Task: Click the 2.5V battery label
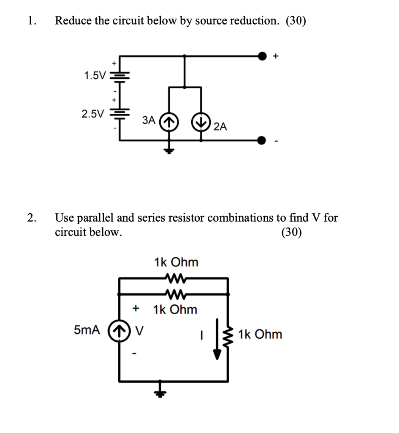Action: pos(92,113)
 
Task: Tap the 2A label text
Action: pos(220,126)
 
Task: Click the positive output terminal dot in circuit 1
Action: pos(263,55)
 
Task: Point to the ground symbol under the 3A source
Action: pos(169,150)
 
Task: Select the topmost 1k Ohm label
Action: pos(176,262)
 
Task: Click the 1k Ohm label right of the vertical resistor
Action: pos(260,334)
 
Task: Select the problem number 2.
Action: pos(30,218)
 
